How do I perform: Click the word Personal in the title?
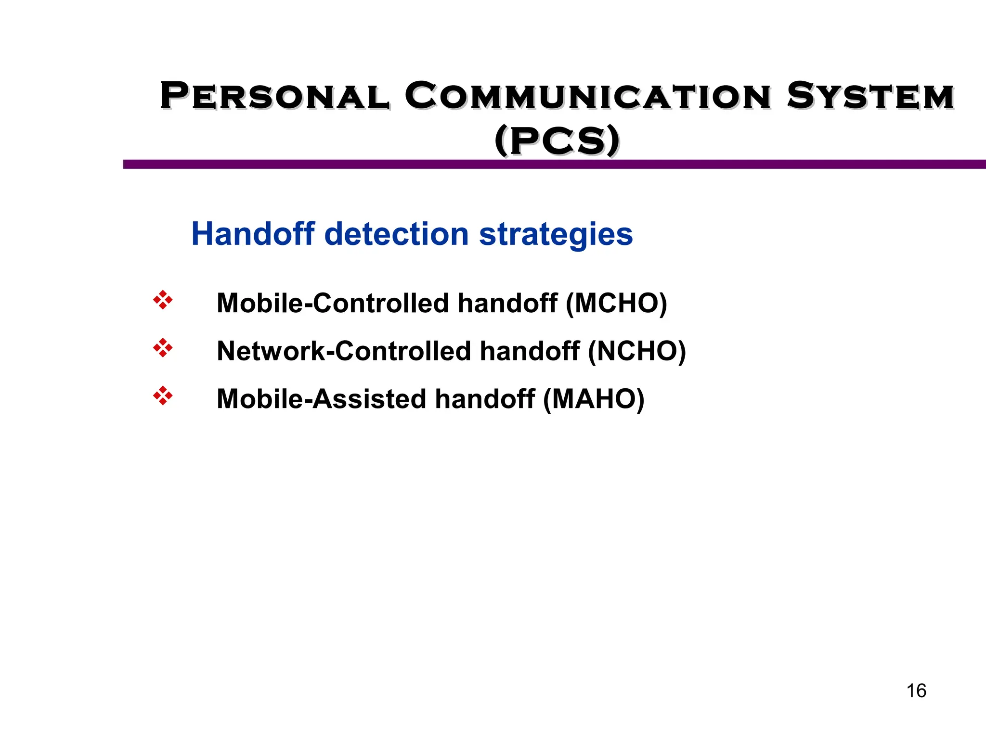(274, 96)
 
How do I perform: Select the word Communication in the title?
(588, 96)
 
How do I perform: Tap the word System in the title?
(870, 96)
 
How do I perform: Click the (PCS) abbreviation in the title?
(557, 140)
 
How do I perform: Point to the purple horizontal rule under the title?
(554, 165)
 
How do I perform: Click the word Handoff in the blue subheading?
(253, 234)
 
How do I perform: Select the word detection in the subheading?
(396, 234)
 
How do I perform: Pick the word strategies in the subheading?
(556, 234)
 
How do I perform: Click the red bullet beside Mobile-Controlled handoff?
(163, 300)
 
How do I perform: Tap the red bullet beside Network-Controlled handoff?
(163, 348)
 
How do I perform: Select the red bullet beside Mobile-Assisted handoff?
(163, 396)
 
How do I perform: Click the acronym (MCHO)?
(616, 304)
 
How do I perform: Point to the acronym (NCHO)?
(636, 351)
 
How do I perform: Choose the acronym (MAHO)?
(594, 399)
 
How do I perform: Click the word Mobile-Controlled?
(333, 304)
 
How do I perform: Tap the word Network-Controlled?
(344, 351)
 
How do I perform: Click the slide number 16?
(916, 691)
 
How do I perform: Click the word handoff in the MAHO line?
(485, 399)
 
